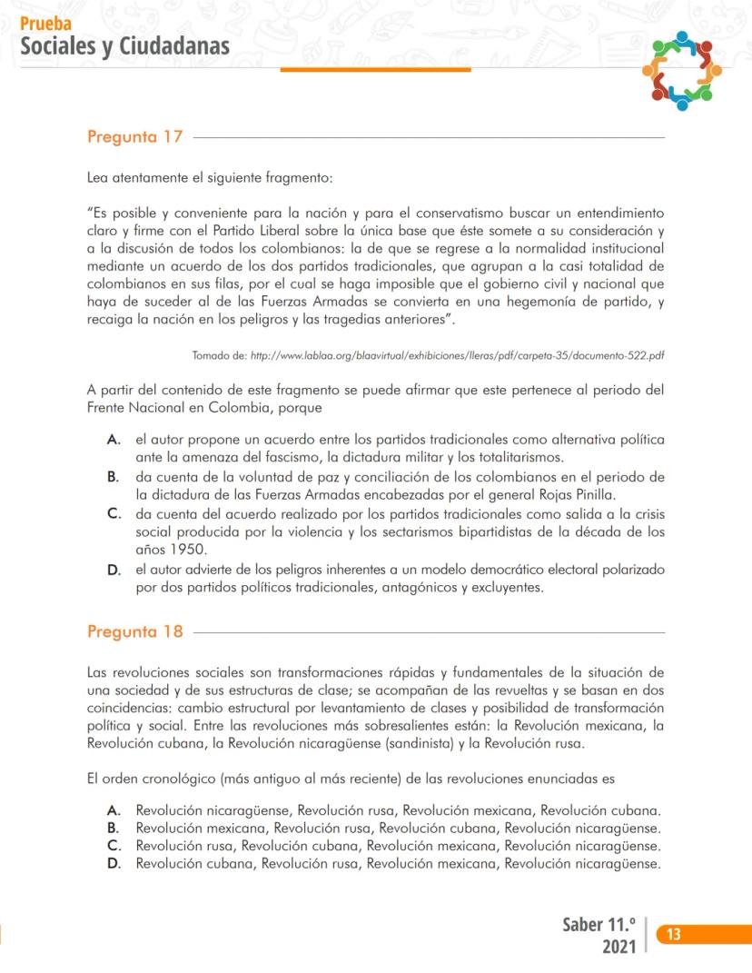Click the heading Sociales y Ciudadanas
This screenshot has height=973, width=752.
coord(125,45)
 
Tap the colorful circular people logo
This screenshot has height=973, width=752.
coord(681,70)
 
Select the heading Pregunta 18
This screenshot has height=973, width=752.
coord(135,631)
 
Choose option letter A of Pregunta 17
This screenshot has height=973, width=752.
coord(114,440)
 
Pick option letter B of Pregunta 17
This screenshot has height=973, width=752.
coord(114,477)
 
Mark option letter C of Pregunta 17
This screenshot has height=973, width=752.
coord(114,514)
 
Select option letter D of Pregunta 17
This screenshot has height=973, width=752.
coord(114,570)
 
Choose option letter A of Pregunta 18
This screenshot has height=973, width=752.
coord(114,809)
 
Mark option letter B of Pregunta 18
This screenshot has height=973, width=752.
coord(114,828)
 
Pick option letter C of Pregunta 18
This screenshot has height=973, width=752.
coord(114,846)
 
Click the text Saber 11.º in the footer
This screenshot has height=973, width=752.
coord(599,925)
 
